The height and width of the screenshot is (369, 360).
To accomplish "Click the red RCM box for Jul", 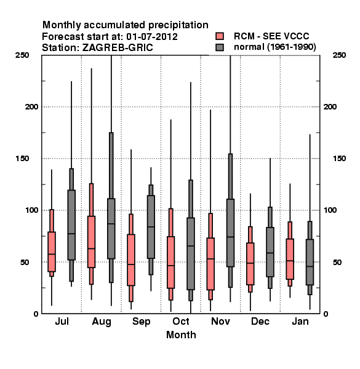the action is (x=52, y=252).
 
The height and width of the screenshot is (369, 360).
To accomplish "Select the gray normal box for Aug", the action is (x=111, y=229).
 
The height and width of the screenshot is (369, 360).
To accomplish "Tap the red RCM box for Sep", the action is (x=131, y=260).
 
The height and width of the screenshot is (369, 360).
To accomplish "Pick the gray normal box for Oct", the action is (x=191, y=253).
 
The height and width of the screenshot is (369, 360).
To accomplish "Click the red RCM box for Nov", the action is (x=210, y=264).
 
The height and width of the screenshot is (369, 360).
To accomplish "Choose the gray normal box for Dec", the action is (x=270, y=252).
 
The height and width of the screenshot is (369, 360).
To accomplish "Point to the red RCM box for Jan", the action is (x=290, y=259).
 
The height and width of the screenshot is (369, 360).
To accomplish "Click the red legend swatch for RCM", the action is (x=220, y=36).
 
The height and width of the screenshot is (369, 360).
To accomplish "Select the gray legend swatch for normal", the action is (x=220, y=47).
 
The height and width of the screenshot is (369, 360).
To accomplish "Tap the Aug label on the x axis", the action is (x=102, y=322).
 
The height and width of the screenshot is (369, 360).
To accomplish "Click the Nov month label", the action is (x=220, y=321).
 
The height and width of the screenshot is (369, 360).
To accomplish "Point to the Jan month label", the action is (x=300, y=321).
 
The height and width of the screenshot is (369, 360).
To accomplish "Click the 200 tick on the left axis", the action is (x=31, y=107).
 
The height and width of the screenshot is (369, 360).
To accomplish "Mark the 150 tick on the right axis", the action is (x=339, y=159).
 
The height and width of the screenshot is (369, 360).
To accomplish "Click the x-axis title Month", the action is (x=181, y=335).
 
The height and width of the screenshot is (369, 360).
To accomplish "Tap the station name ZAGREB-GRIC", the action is (x=118, y=48).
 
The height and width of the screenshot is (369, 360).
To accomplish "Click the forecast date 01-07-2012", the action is (x=152, y=37).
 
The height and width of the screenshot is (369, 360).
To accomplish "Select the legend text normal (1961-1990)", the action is (x=275, y=47).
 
